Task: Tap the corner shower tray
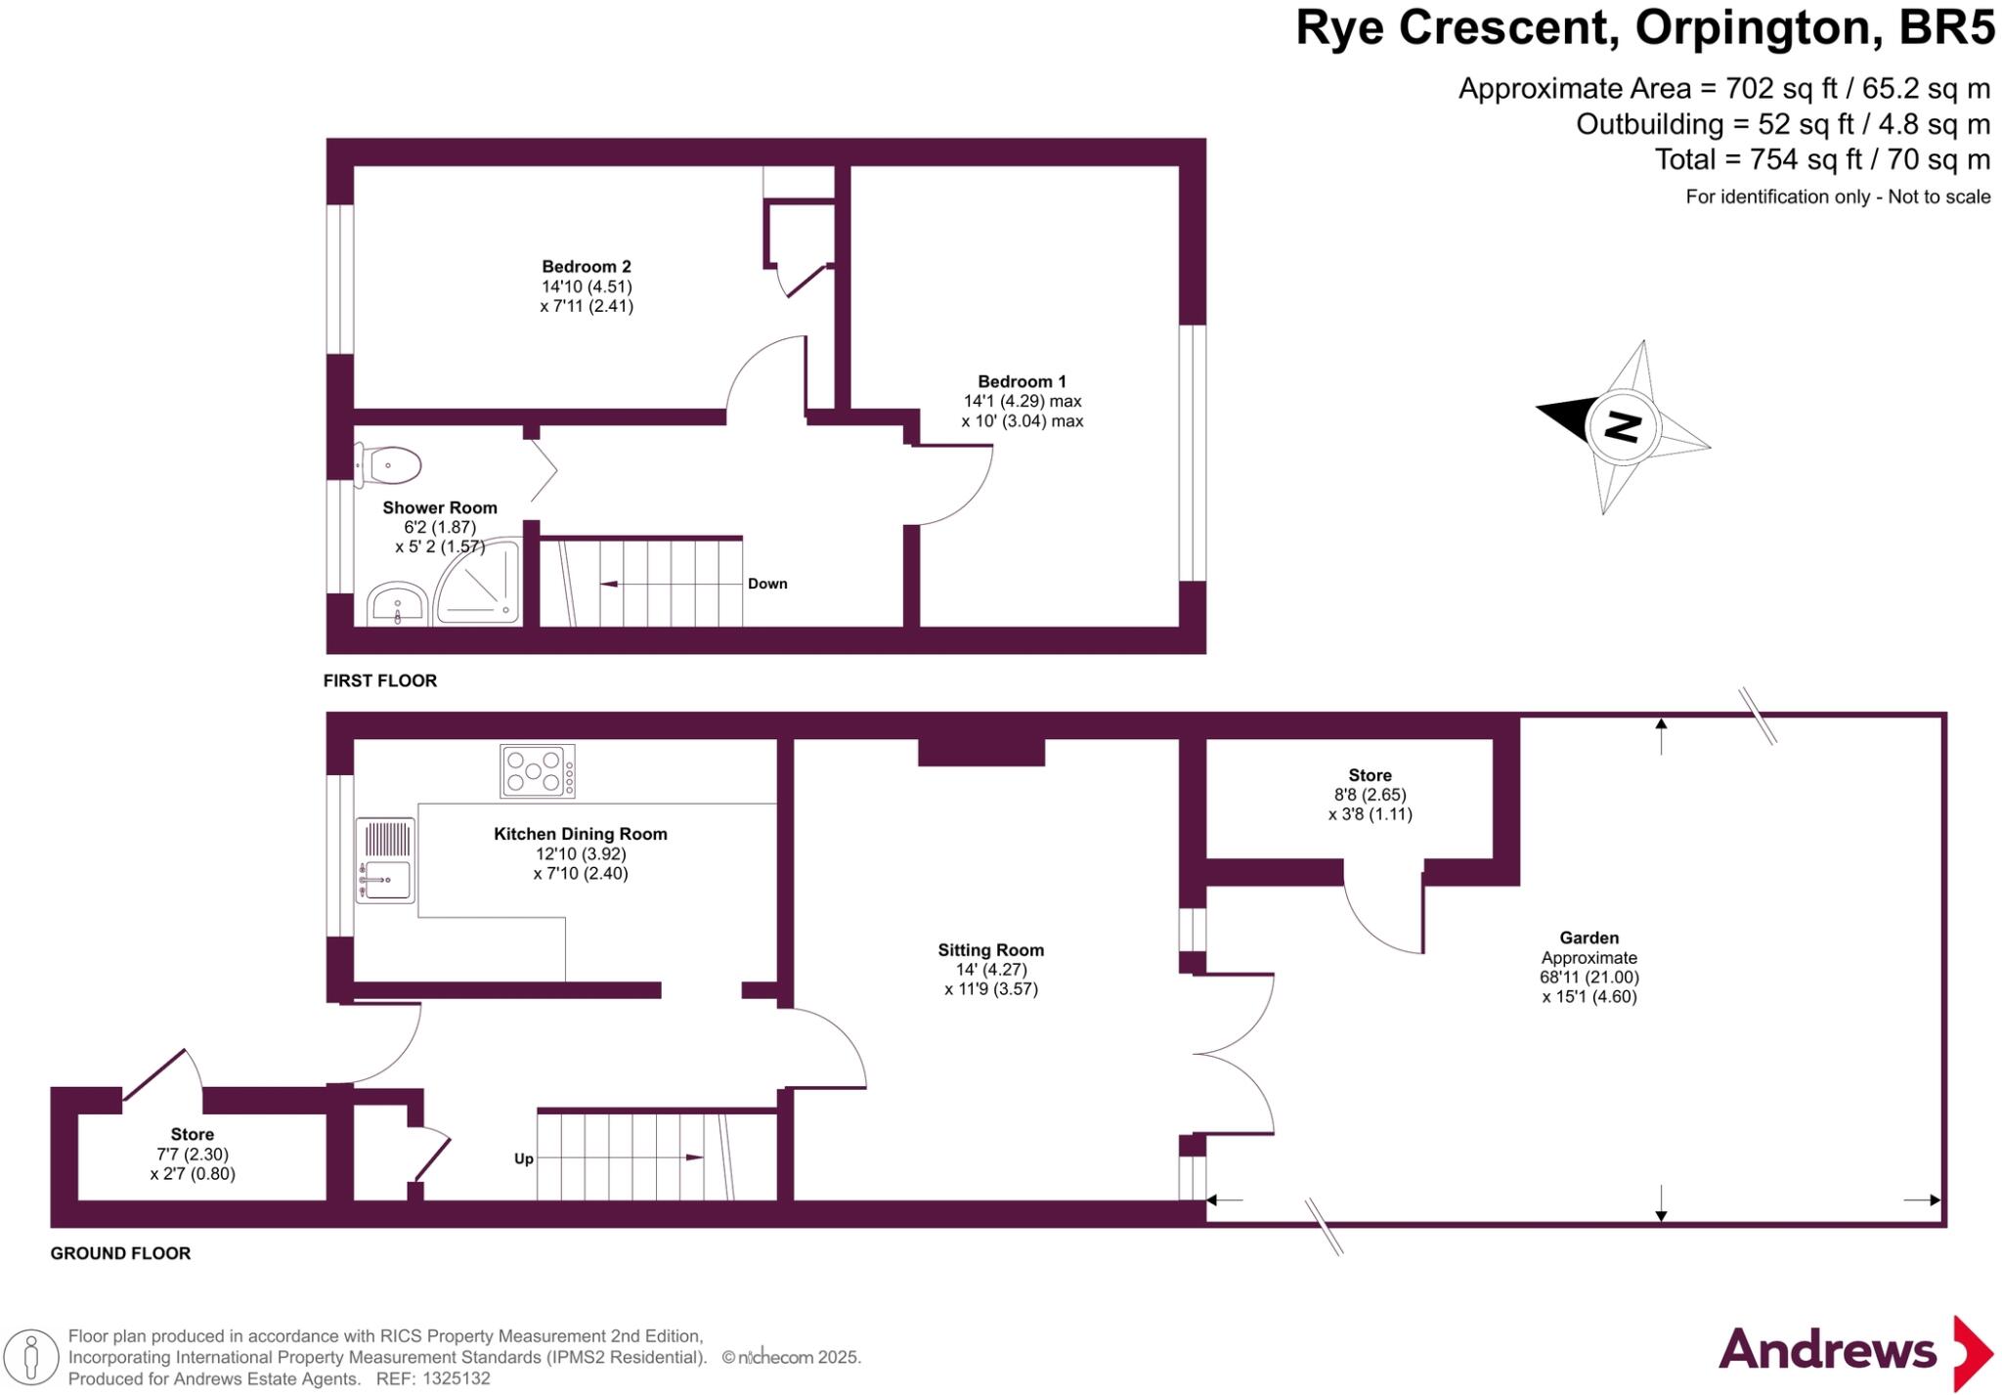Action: coord(479,585)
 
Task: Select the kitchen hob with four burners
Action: coord(537,771)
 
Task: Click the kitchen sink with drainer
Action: coord(385,860)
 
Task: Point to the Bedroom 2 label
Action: coord(587,266)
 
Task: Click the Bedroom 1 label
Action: coord(1022,381)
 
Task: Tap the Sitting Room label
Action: coord(990,949)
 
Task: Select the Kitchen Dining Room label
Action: coord(580,834)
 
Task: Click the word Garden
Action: coord(1589,937)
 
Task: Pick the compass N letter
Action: coord(1622,426)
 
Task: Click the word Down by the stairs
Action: coord(767,584)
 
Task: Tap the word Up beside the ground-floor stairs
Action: coord(524,1158)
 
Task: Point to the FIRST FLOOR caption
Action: coord(379,680)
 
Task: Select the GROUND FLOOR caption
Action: coord(120,1253)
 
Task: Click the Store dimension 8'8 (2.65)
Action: coord(1370,795)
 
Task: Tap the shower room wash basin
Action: coord(397,602)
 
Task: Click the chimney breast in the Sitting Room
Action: coord(980,752)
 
